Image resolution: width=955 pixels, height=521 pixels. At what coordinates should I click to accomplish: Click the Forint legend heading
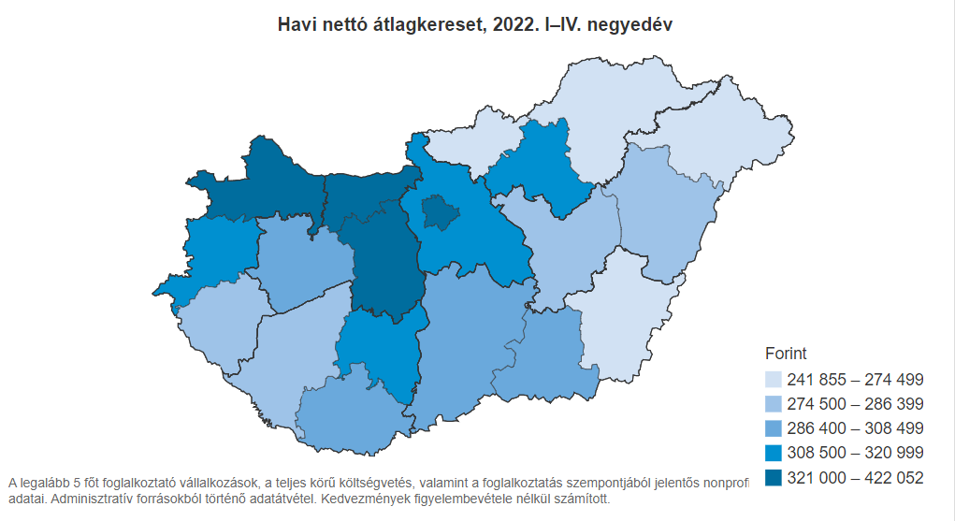pos(786,354)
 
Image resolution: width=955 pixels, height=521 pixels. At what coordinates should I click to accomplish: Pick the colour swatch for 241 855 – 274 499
pos(774,380)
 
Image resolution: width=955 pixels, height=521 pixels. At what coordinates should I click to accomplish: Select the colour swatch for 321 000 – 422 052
pos(774,477)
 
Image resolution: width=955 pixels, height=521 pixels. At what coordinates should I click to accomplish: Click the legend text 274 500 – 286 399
pos(855,404)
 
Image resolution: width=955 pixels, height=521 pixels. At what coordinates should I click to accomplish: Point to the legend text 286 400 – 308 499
pos(855,428)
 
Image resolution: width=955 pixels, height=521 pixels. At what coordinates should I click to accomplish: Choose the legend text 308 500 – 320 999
pos(855,453)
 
